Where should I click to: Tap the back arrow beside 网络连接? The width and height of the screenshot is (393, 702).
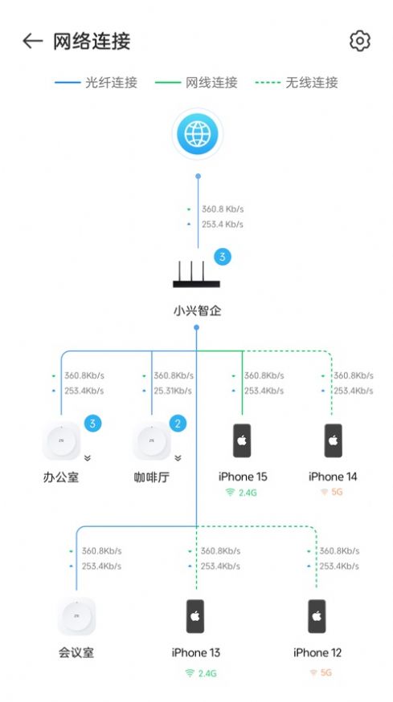click(x=32, y=41)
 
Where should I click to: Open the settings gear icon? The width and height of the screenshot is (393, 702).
click(x=360, y=41)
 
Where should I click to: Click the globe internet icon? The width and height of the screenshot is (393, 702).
click(x=197, y=134)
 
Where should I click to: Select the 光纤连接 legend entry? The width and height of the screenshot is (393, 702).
click(x=96, y=83)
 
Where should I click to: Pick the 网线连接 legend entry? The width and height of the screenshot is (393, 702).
click(x=196, y=83)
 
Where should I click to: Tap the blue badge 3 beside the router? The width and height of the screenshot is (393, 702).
click(x=223, y=258)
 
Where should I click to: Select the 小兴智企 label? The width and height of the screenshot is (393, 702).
click(x=197, y=310)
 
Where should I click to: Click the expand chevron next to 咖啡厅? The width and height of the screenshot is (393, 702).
click(x=178, y=458)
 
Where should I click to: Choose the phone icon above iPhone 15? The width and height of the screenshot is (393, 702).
click(x=243, y=440)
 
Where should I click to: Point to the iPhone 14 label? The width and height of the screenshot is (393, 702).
click(x=333, y=477)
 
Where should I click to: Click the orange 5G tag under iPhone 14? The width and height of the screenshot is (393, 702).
click(x=331, y=492)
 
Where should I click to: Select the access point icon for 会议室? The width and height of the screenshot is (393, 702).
click(x=76, y=616)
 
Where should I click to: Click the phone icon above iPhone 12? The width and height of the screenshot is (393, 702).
click(x=317, y=616)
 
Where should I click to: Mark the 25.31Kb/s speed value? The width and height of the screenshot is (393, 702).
click(x=173, y=391)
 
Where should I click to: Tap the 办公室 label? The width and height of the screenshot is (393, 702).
click(x=61, y=477)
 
